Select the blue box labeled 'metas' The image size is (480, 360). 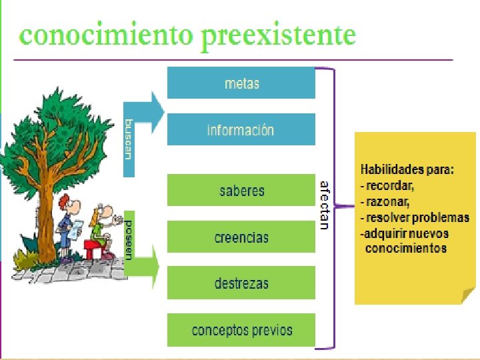click(x=241, y=83)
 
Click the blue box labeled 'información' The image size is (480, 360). click(x=241, y=130)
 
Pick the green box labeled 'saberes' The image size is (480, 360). click(x=241, y=191)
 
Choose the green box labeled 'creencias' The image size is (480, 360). click(x=241, y=237)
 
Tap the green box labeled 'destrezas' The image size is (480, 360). click(x=241, y=283)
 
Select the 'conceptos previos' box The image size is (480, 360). click(x=241, y=330)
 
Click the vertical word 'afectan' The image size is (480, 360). click(x=325, y=205)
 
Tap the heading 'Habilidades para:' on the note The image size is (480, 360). click(x=407, y=169)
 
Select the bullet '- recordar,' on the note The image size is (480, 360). click(x=387, y=185)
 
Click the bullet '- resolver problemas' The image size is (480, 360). click(x=414, y=217)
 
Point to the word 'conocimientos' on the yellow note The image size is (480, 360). click(x=406, y=249)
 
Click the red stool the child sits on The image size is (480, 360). click(x=93, y=249)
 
